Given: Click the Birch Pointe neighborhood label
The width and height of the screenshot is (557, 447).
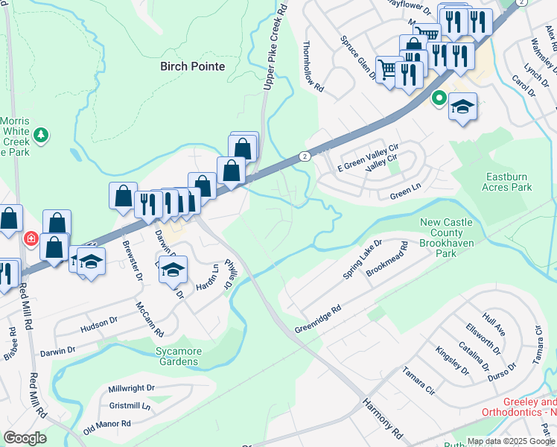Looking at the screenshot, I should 192,66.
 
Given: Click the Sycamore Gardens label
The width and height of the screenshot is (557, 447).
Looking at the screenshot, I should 177,356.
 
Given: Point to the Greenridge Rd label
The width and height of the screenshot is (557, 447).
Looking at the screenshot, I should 317,320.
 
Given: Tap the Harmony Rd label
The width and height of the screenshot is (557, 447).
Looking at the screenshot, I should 383,417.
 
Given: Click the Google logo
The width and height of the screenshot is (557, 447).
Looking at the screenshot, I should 25,438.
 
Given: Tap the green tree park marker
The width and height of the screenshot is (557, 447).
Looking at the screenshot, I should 42,135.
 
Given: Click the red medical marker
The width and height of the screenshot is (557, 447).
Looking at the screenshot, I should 31,239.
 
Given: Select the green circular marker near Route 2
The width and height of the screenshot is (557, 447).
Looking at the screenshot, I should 439,97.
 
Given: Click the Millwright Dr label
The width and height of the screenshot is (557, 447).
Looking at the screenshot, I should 131,388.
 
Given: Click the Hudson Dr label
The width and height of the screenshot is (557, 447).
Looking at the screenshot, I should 99,326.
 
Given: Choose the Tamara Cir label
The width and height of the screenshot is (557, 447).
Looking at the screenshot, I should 418,379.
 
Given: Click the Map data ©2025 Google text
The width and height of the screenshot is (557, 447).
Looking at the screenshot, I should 511,441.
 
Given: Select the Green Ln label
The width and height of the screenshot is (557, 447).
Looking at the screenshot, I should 406,196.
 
